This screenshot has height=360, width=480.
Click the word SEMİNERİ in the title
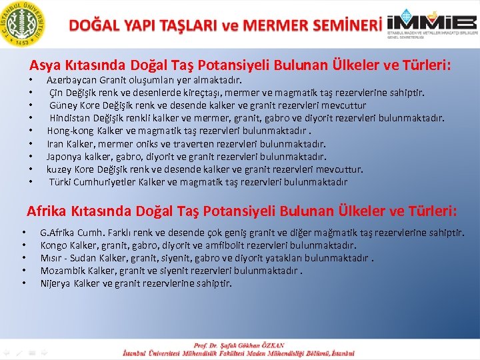340,26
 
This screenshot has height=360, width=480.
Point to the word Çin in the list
57,93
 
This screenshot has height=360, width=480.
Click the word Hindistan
71,118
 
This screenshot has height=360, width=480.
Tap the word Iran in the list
55,143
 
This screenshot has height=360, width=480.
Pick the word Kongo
54,245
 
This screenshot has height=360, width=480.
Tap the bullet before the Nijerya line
23,284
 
